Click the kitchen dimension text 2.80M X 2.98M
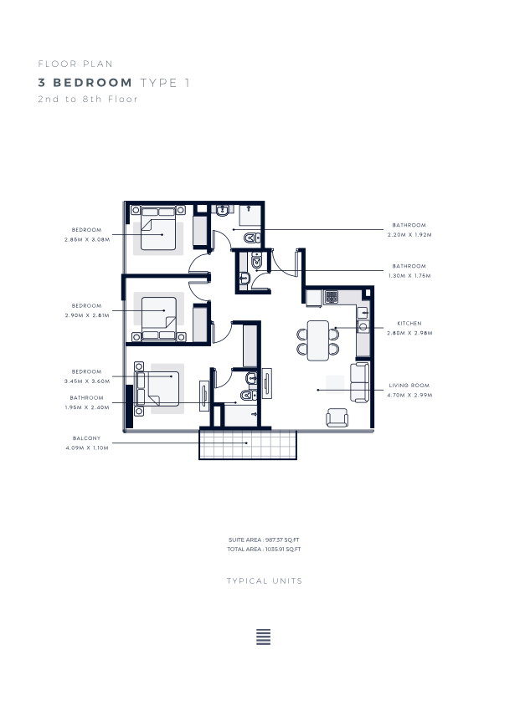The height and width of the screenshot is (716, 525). pyautogui.click(x=409, y=333)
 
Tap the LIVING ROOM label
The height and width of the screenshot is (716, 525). pyautogui.click(x=409, y=386)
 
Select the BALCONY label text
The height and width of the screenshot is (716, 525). pyautogui.click(x=86, y=438)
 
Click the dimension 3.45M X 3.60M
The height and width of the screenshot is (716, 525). pyautogui.click(x=87, y=381)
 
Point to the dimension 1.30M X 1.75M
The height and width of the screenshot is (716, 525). pyautogui.click(x=409, y=276)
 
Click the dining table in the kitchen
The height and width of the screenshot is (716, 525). pyautogui.click(x=318, y=340)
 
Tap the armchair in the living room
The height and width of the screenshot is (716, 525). pyautogui.click(x=337, y=417)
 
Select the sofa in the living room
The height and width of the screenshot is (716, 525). pyautogui.click(x=359, y=382)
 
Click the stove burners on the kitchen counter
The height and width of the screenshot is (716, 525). pyautogui.click(x=331, y=297)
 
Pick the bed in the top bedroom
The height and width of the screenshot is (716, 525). pyautogui.click(x=158, y=228)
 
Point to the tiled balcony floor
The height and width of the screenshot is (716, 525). pyautogui.click(x=248, y=444)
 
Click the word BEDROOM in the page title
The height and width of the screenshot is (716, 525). pyautogui.click(x=93, y=83)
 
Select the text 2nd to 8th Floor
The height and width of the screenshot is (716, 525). pyautogui.click(x=88, y=99)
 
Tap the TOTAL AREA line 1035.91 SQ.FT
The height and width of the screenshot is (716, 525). pyautogui.click(x=264, y=550)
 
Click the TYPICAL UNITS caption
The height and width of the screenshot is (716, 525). pyautogui.click(x=265, y=580)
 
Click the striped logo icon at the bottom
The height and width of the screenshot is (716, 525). pyautogui.click(x=263, y=637)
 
